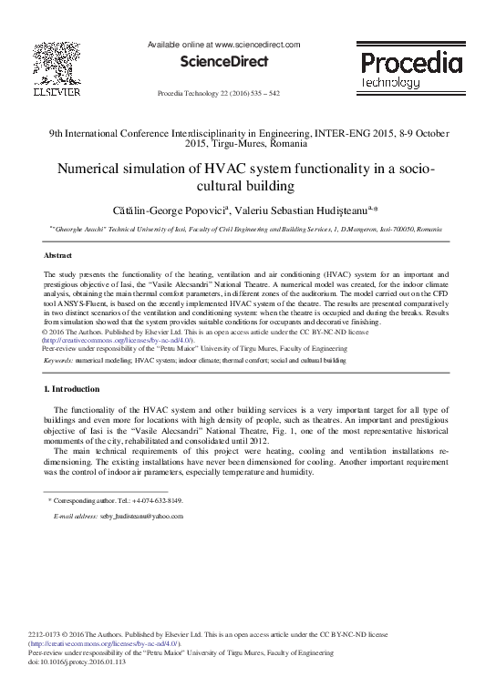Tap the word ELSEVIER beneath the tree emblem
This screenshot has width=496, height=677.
pos(57,92)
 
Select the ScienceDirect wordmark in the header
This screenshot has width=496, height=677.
pos(225,62)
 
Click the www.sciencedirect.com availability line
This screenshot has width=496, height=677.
pos(225,43)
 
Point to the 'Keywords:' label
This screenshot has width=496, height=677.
pos(59,361)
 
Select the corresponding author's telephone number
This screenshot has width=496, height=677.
pos(160,501)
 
